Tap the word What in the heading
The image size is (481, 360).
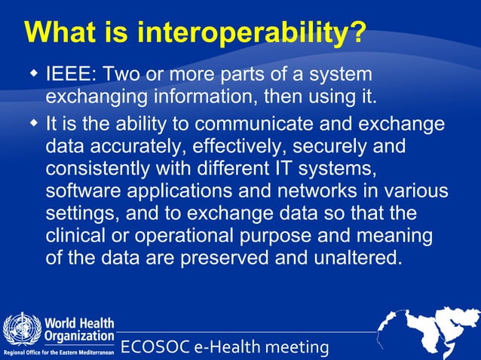coord(65,32)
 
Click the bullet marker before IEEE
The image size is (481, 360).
coord(33,75)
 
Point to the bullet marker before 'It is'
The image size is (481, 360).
coord(33,123)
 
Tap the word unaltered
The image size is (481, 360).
coord(351,258)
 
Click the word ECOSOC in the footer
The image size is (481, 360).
coord(155,347)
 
